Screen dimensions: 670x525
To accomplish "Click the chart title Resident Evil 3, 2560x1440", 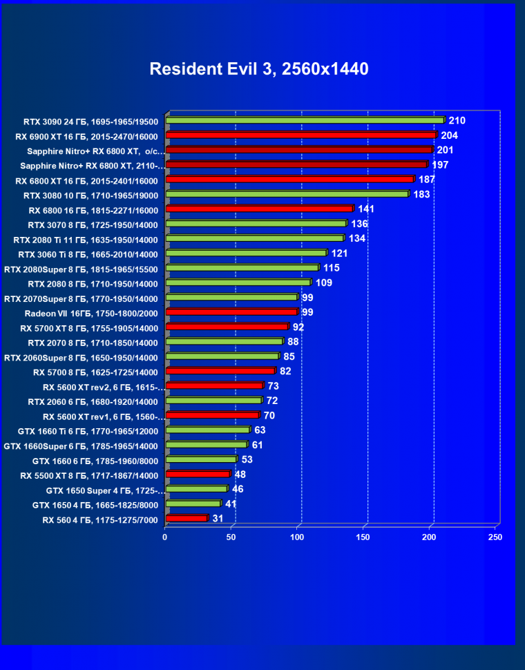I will (x=259, y=69).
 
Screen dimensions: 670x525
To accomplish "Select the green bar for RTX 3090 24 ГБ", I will (x=304, y=120).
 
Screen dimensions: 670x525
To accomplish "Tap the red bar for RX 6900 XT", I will (x=300, y=135).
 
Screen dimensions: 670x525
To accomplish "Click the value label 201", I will (x=445, y=150).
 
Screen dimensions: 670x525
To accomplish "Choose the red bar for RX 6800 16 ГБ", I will (x=259, y=209).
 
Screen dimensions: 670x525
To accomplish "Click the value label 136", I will (x=359, y=224).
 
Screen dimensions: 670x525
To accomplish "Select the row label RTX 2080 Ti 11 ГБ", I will (x=86, y=240).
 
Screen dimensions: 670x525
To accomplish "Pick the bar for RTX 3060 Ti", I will (x=245, y=253).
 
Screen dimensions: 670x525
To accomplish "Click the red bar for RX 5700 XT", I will (x=226, y=327).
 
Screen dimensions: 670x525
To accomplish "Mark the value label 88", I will (x=294, y=342).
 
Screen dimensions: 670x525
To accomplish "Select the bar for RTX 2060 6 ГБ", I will (x=213, y=401).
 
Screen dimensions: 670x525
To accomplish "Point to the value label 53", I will (x=247, y=459).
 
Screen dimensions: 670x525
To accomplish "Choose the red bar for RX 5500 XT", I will (x=198, y=475).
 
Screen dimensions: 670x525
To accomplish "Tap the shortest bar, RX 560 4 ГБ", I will (x=187, y=518).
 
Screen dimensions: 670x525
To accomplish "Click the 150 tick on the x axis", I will (x=363, y=537).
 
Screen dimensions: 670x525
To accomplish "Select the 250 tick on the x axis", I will (x=495, y=537).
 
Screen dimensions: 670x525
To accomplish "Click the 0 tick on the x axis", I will (x=165, y=537).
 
